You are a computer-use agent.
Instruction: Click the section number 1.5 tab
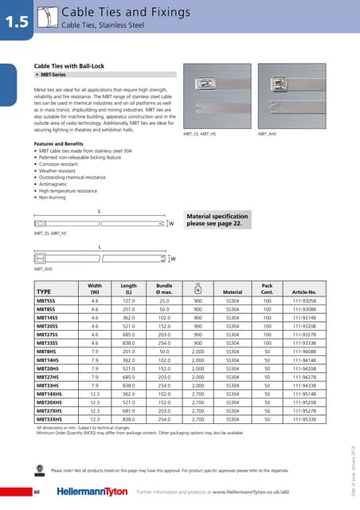pyautogui.click(x=15, y=21)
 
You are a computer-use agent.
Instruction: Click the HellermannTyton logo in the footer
pyautogui.click(x=86, y=493)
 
